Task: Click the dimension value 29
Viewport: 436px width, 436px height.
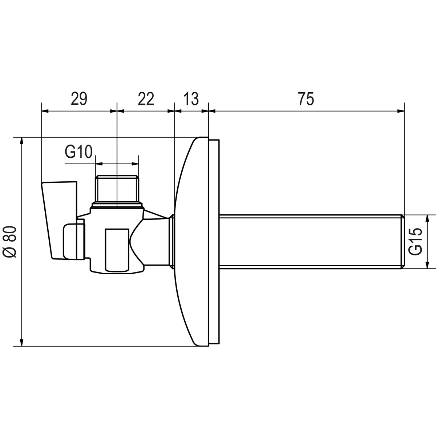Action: click(x=79, y=99)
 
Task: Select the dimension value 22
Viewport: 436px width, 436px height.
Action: click(x=146, y=99)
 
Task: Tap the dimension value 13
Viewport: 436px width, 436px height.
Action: click(x=190, y=99)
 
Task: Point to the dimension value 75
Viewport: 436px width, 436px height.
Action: click(x=306, y=99)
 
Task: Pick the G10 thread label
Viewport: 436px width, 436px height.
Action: click(x=78, y=152)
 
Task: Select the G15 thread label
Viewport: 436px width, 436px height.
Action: click(x=416, y=241)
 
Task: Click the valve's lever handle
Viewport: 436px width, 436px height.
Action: click(x=59, y=220)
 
